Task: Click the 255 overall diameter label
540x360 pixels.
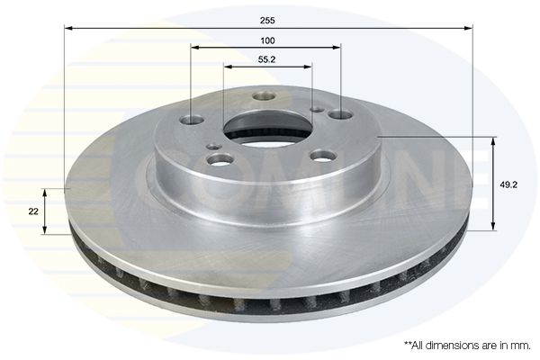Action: (267, 21)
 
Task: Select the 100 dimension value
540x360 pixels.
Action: (267, 40)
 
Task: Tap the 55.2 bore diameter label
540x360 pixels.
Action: (267, 59)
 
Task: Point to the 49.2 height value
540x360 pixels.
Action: (508, 185)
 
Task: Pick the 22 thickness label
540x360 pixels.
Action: (33, 211)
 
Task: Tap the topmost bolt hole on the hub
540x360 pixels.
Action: (264, 95)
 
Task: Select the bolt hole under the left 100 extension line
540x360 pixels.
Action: (192, 120)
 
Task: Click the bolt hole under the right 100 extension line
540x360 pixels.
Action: (340, 113)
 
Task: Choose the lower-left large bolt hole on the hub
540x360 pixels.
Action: (220, 159)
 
